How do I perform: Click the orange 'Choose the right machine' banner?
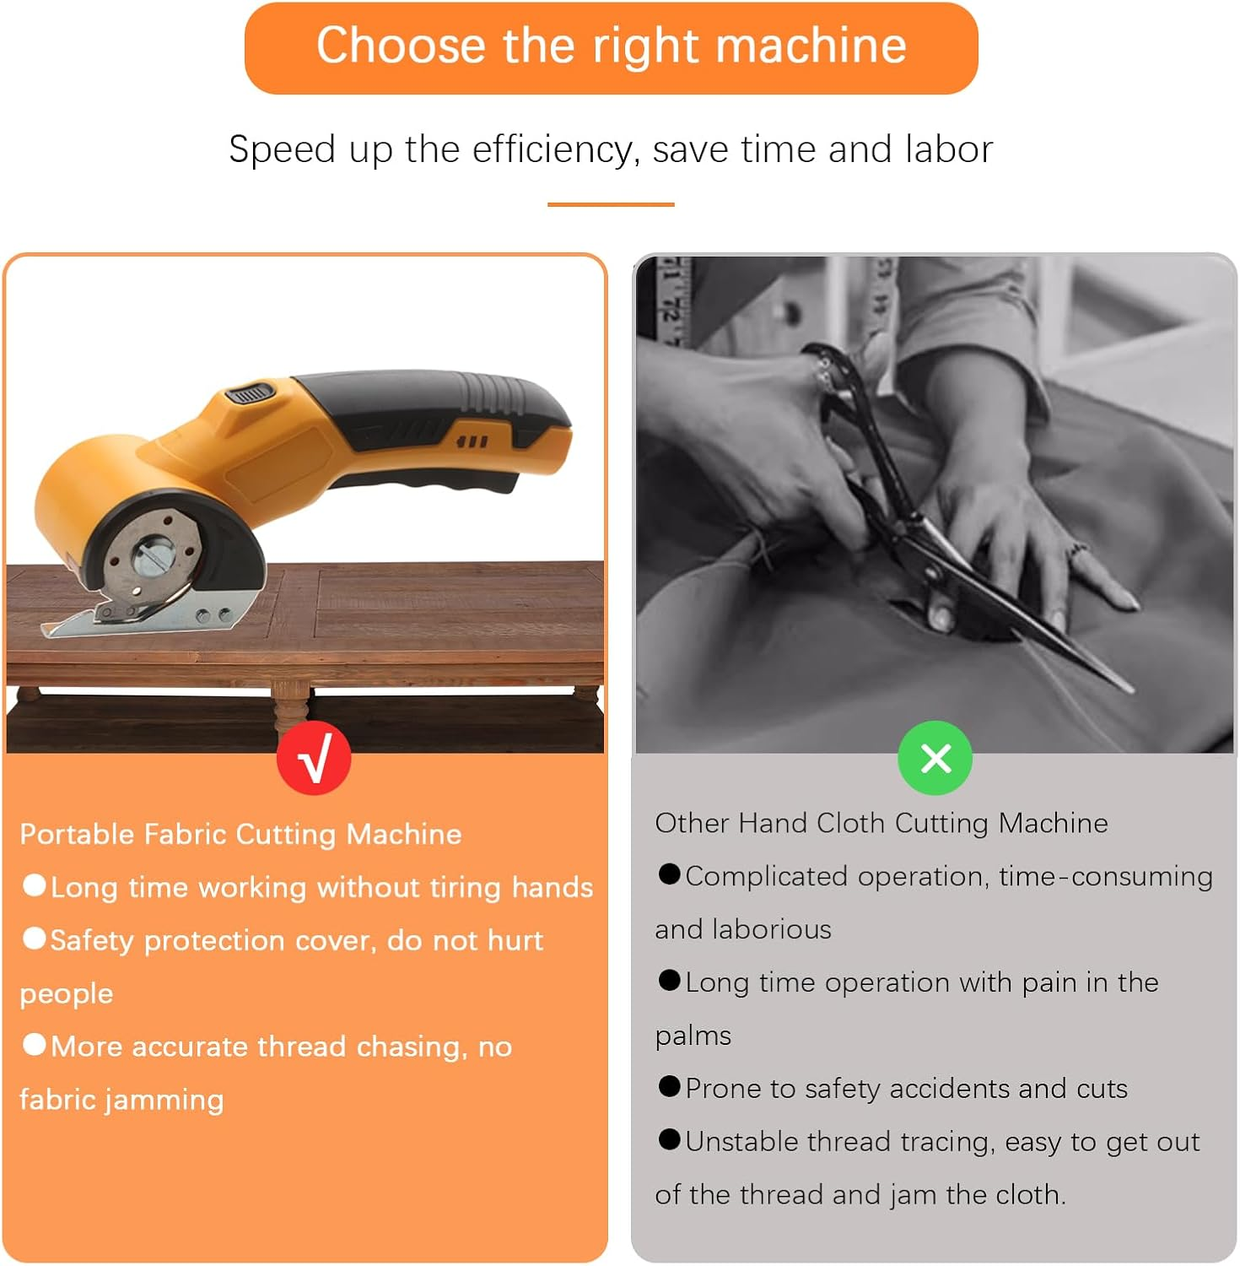611,47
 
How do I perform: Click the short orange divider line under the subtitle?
611,204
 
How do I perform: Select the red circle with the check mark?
314,758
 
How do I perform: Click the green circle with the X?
935,758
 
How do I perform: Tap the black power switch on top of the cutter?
250,393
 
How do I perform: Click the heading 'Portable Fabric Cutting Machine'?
240,835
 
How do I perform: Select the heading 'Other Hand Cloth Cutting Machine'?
881,823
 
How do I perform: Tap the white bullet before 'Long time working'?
35,885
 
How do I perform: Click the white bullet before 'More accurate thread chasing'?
35,1045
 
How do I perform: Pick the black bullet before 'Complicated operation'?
669,874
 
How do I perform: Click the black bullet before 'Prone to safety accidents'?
669,1086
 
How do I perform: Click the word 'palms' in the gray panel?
693,1036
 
